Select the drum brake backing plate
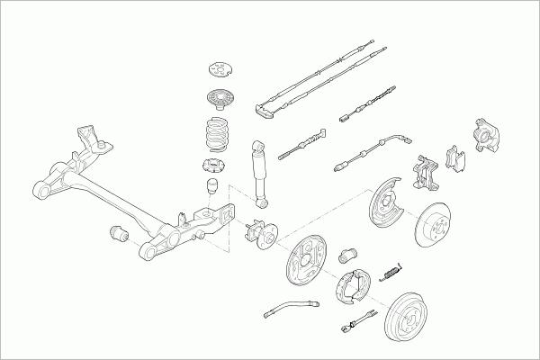click(x=307, y=261)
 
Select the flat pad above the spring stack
click(x=219, y=69)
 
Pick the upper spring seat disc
click(x=217, y=98)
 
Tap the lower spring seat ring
click(x=214, y=166)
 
